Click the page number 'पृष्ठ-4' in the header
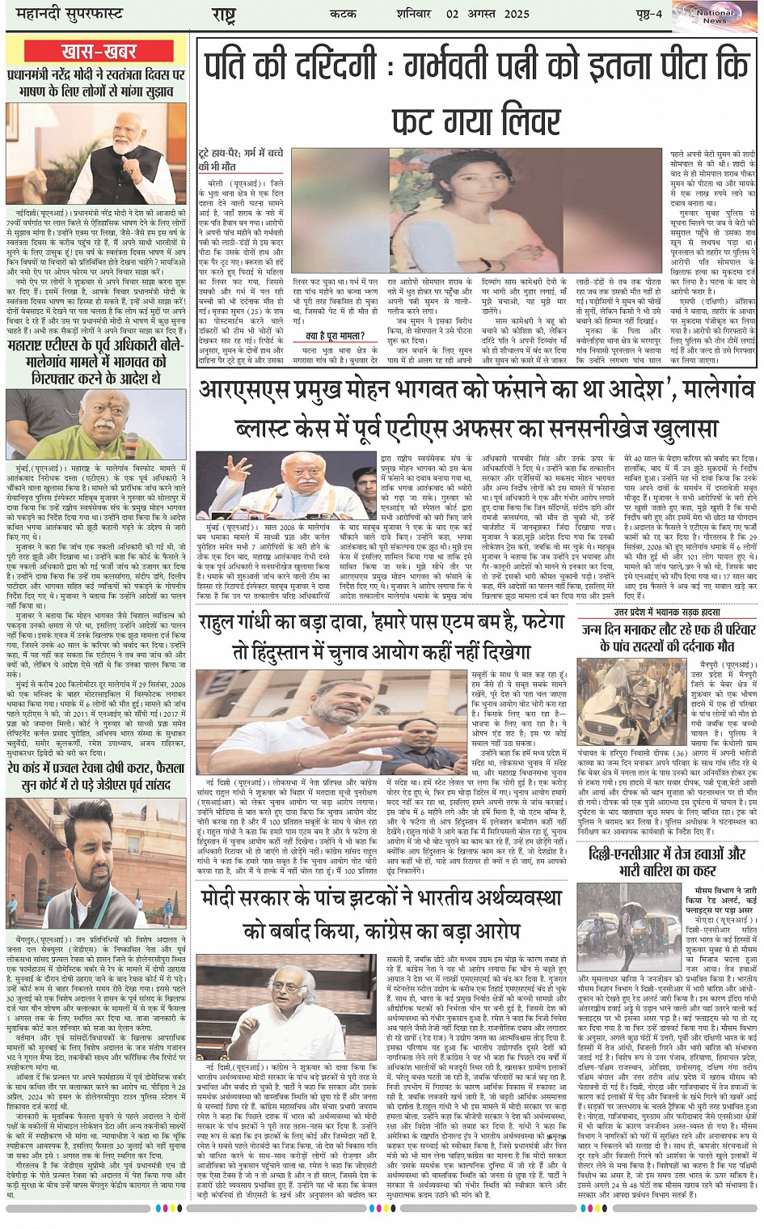(647, 14)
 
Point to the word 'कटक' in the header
(344, 14)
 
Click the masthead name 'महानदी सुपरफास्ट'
(65, 14)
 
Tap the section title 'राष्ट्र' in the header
(224, 15)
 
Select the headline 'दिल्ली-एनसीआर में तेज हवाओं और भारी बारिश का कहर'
(668, 862)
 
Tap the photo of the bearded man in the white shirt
(97, 862)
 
